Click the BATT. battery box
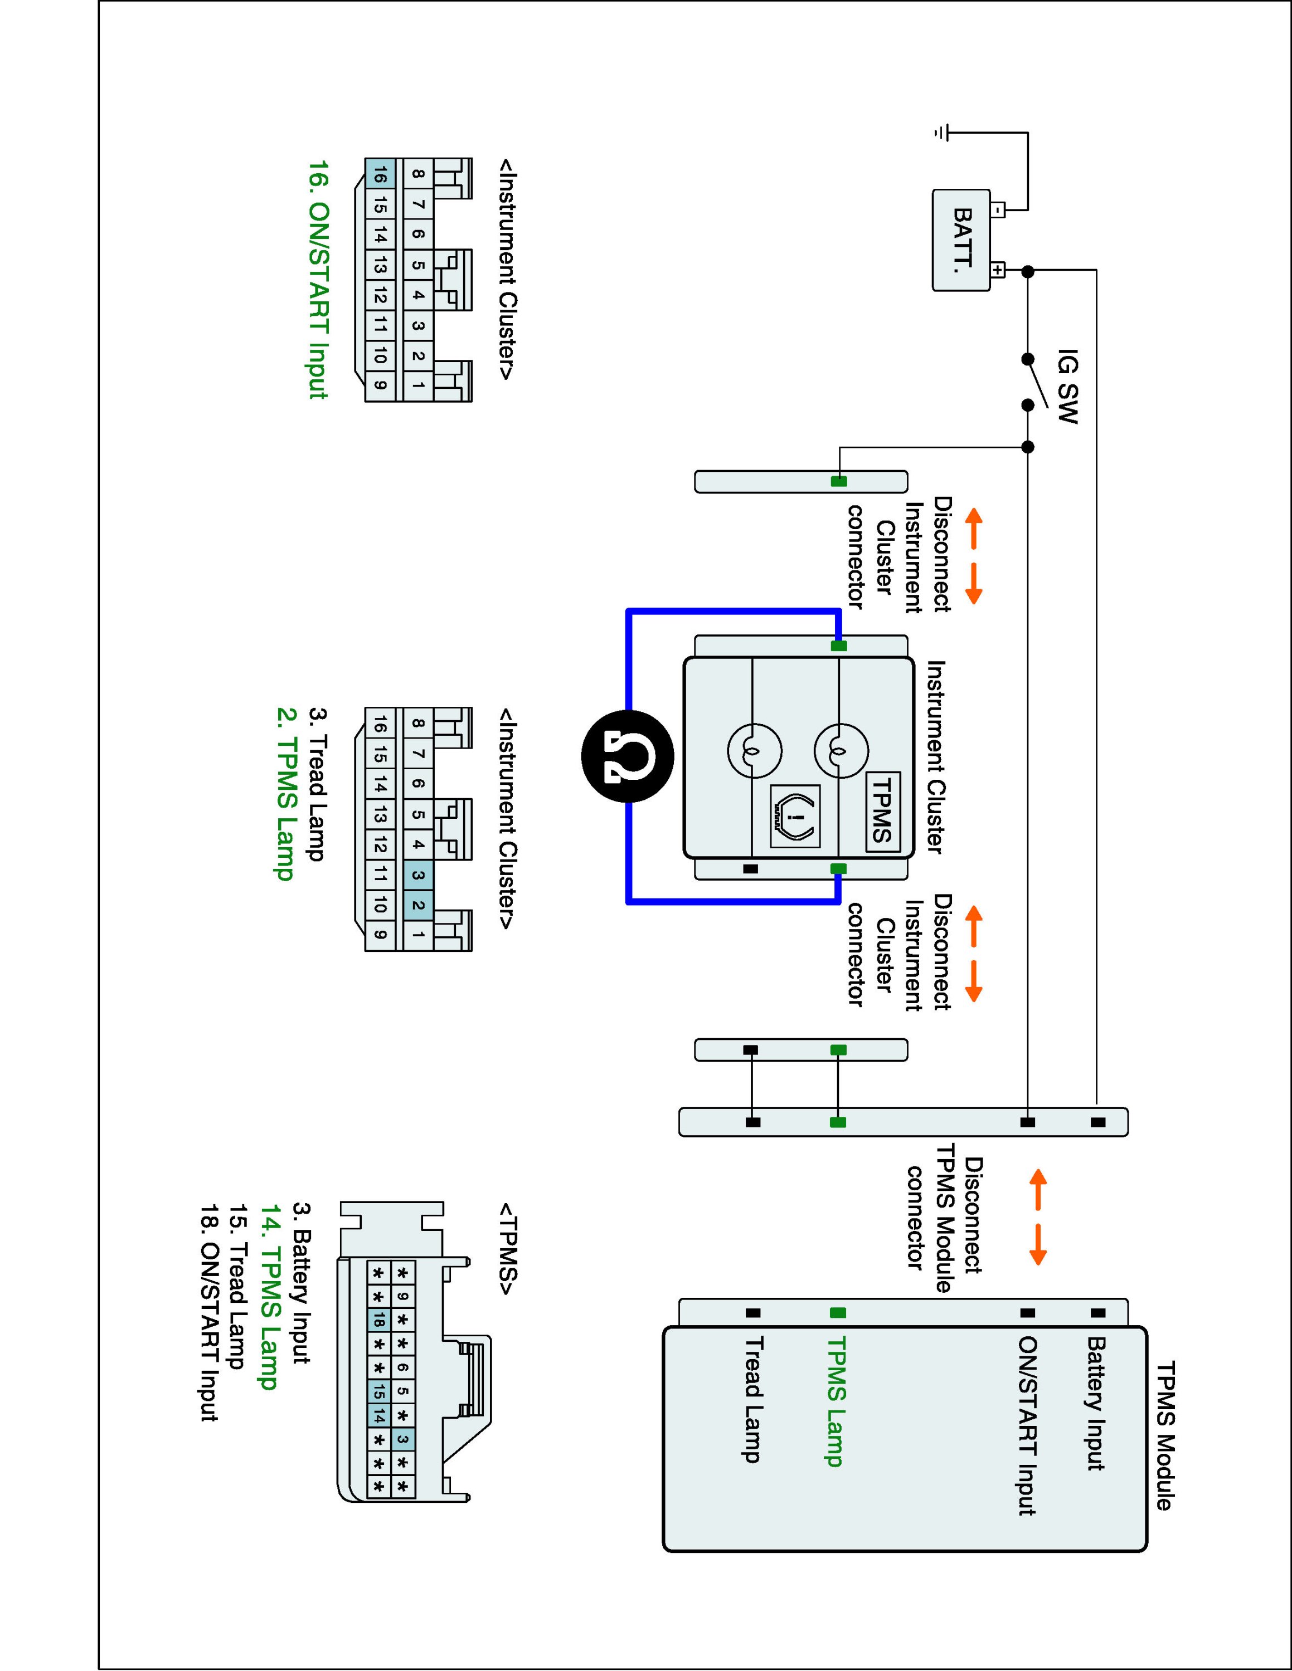[x=960, y=240]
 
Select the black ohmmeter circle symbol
[x=628, y=756]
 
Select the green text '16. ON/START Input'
[x=318, y=279]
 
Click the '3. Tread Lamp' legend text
[x=317, y=784]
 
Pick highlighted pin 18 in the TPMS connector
[x=378, y=1319]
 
